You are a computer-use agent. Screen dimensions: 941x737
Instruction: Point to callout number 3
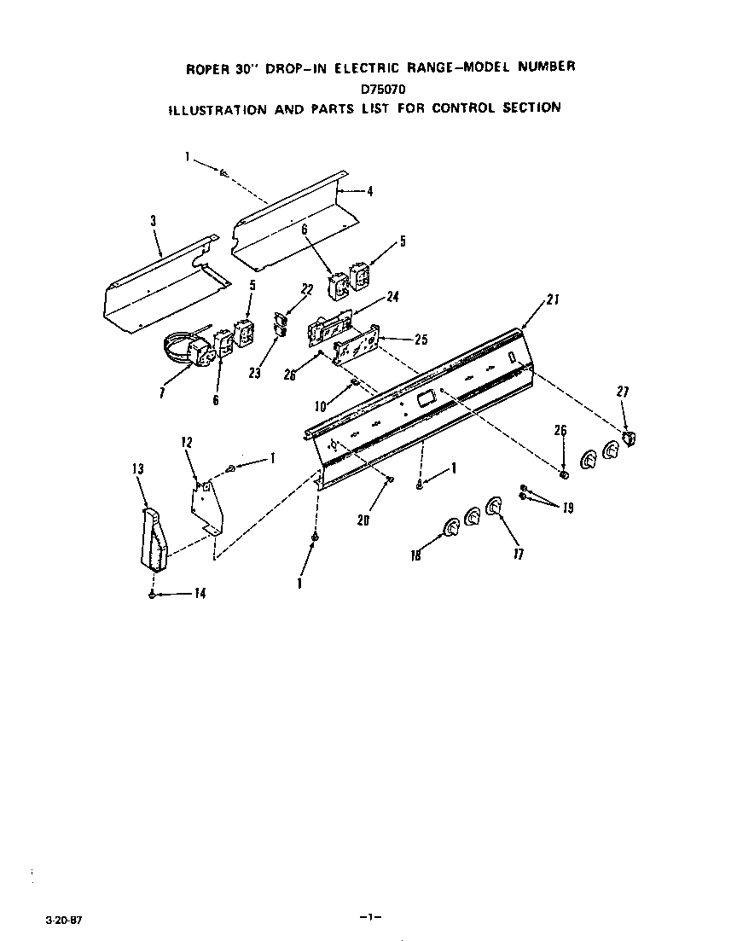pyautogui.click(x=153, y=221)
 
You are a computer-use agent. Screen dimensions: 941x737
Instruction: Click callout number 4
pyautogui.click(x=369, y=191)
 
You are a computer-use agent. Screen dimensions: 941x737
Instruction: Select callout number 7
pyautogui.click(x=162, y=392)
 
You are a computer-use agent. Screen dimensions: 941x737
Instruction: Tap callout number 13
pyautogui.click(x=138, y=468)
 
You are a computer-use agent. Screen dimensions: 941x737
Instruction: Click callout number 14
pyautogui.click(x=200, y=594)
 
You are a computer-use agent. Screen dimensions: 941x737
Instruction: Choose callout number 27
pyautogui.click(x=623, y=392)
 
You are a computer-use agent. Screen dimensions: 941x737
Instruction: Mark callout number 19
pyautogui.click(x=567, y=508)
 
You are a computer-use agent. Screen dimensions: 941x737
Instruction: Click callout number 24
pyautogui.click(x=393, y=297)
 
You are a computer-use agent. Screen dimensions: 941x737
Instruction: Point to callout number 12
pyautogui.click(x=186, y=442)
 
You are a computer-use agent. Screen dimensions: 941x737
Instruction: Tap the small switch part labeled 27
pyautogui.click(x=630, y=439)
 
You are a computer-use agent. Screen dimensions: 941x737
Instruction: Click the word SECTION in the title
pyautogui.click(x=530, y=107)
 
